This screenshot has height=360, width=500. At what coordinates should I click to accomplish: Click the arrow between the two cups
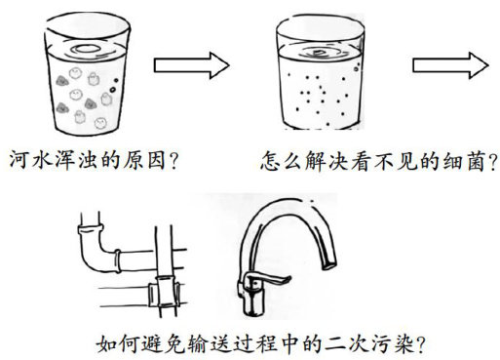click(192, 65)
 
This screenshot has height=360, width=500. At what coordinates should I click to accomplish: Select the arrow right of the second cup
click(450, 65)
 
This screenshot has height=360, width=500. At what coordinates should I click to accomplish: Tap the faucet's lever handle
click(266, 280)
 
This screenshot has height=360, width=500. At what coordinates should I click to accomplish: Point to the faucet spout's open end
click(329, 264)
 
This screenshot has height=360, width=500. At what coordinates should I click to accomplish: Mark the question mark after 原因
click(173, 161)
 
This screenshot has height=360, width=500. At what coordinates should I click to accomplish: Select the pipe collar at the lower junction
click(164, 292)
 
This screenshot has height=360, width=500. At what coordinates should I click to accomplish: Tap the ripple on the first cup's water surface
click(86, 49)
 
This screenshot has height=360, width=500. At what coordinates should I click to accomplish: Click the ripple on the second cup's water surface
click(319, 53)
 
